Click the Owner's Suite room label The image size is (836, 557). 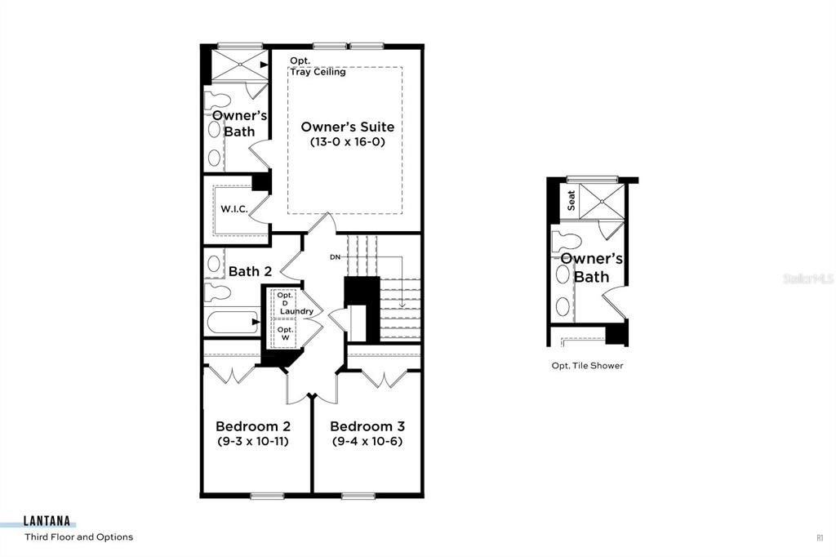[347, 127]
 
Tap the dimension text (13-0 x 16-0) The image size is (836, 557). [347, 142]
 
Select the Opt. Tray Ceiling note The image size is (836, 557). [318, 66]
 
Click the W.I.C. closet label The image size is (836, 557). [233, 209]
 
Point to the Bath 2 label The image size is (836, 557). [250, 271]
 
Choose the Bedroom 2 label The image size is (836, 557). [252, 426]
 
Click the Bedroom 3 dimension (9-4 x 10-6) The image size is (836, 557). [367, 441]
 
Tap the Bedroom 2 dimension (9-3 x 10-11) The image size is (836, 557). [252, 441]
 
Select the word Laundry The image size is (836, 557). [296, 311]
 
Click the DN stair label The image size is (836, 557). [335, 257]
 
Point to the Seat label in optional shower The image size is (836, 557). [571, 200]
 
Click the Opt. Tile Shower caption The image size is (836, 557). [587, 366]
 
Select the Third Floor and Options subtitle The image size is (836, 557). [78, 537]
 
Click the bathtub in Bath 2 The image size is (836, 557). [231, 322]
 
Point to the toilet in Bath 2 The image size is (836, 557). [216, 292]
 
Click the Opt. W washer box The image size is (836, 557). [284, 333]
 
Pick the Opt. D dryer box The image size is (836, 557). [284, 299]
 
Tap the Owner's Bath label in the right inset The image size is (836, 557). [591, 268]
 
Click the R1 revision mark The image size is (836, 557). [819, 537]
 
